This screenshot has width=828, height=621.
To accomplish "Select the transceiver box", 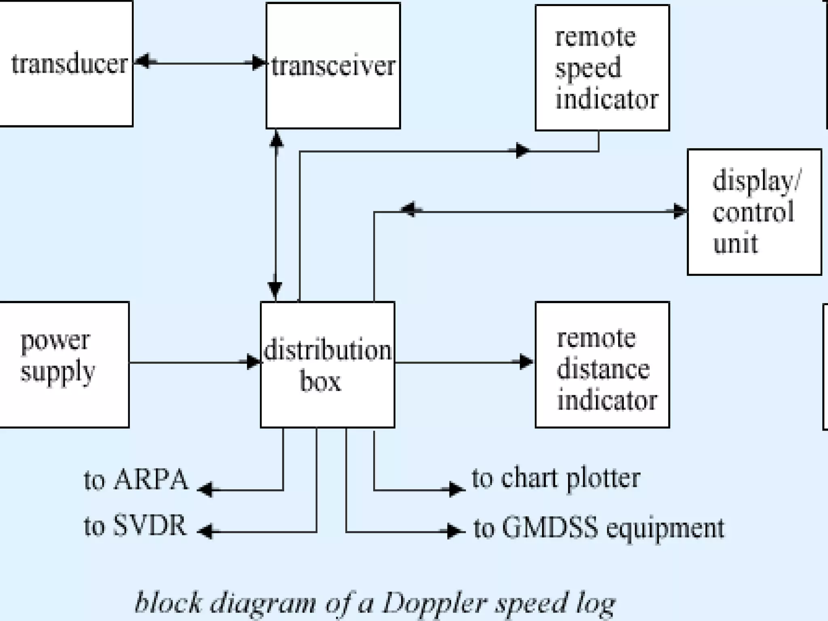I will point(333,66).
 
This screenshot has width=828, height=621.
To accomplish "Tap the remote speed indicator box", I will point(602,68).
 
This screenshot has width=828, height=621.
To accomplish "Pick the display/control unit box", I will point(754,212).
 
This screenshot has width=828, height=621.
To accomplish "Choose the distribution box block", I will point(327,364).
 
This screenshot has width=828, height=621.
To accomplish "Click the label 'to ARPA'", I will point(136,480).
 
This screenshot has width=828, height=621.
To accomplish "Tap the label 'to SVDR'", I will point(135,526).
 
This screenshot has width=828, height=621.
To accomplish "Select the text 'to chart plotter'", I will point(556,478).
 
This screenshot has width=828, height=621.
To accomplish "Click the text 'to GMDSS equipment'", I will point(599,528).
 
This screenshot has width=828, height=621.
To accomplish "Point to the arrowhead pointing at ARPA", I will point(205,490).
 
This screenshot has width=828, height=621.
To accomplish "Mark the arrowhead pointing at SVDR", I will point(205,531).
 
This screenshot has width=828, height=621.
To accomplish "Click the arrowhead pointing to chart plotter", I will point(457,490).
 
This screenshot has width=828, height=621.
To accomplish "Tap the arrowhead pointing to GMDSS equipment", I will point(457,530).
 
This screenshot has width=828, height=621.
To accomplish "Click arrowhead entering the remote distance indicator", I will point(526,362).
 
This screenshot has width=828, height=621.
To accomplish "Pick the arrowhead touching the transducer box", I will point(142,62).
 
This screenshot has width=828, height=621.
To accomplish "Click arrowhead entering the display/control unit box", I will point(680,211).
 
